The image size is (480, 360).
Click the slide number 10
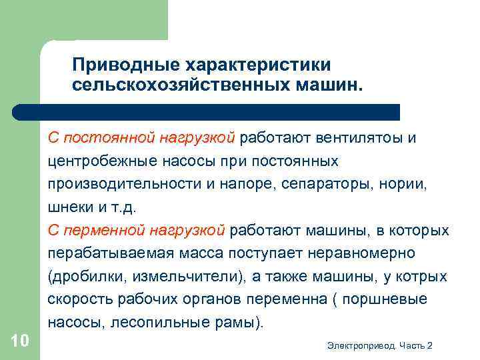click(20, 341)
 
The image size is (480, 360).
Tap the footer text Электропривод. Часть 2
click(380, 345)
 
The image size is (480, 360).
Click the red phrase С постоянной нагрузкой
click(141, 138)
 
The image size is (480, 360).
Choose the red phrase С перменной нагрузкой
click(137, 231)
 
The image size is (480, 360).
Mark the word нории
click(418, 185)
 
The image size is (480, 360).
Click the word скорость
click(76, 300)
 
